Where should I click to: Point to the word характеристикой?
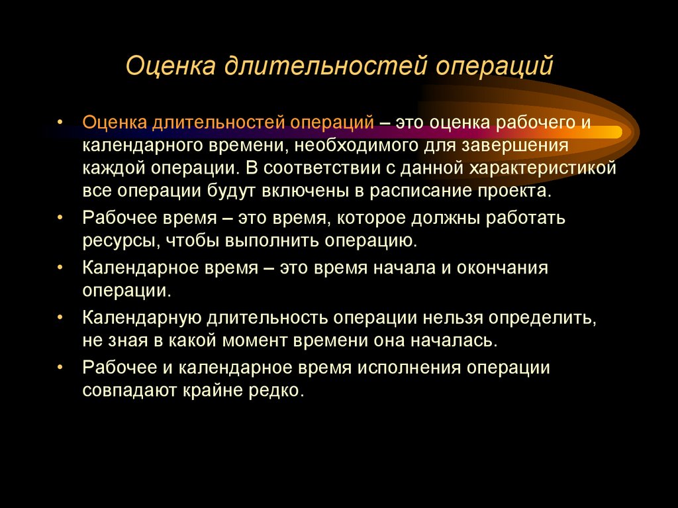pyautogui.click(x=543, y=167)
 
